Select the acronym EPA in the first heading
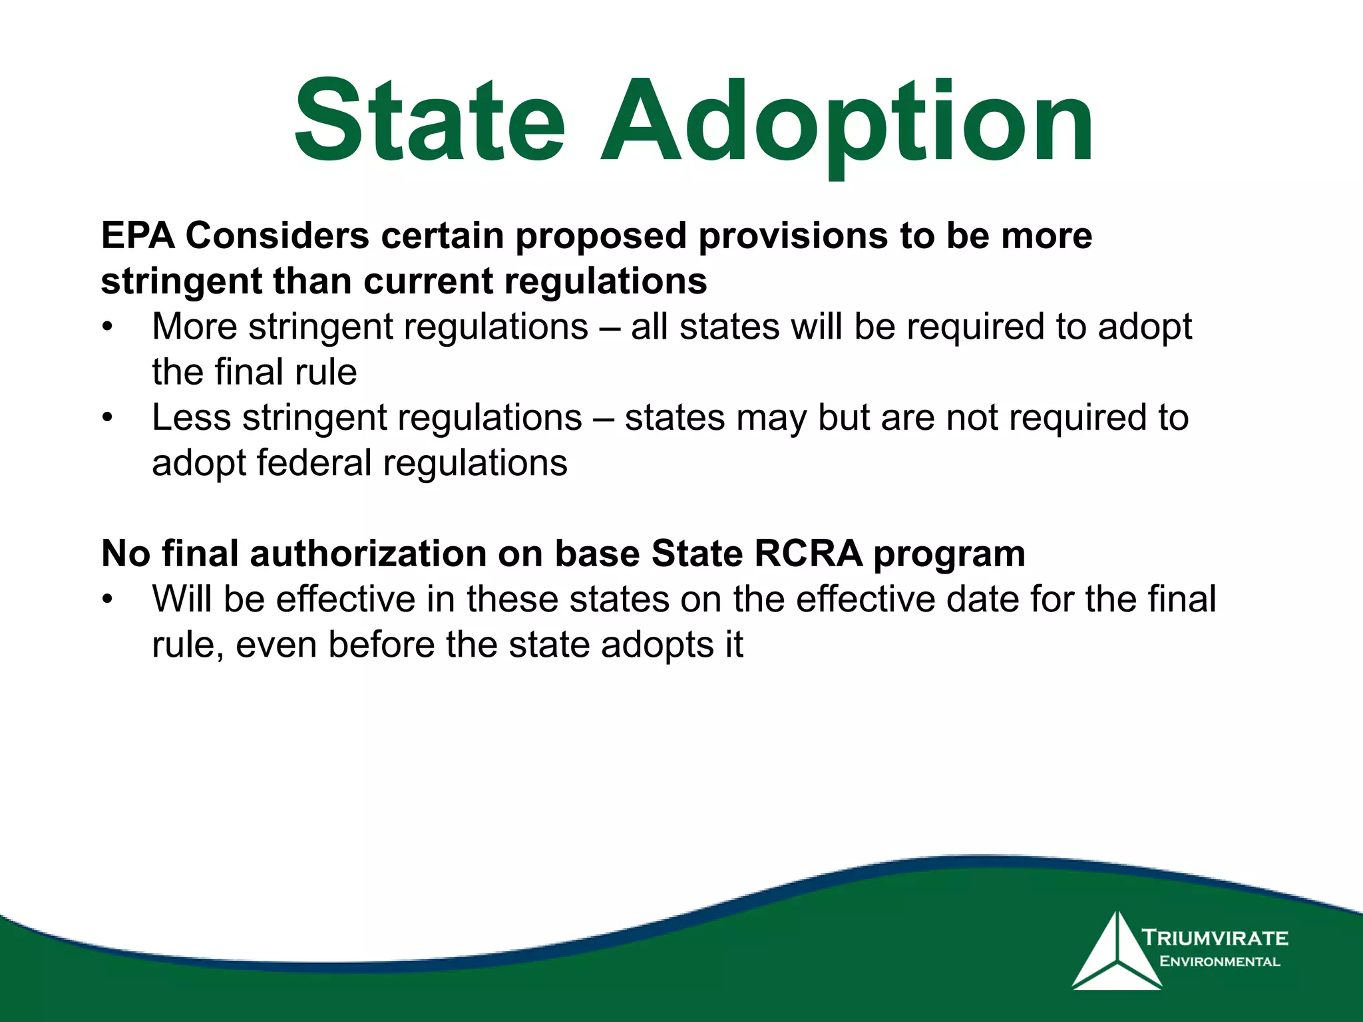coord(138,236)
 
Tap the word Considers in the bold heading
coord(277,236)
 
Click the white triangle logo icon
coord(1117,953)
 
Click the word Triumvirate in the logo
coord(1215,938)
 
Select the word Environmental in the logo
coord(1219,961)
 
